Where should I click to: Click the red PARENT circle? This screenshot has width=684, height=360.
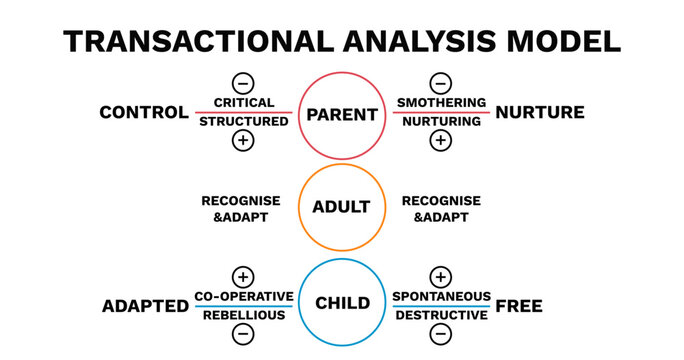tap(342, 114)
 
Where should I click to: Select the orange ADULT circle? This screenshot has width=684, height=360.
tap(342, 208)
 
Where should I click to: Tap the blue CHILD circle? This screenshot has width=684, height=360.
tap(342, 303)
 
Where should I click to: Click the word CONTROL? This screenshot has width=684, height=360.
tap(144, 112)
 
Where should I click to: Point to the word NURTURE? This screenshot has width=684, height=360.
tap(540, 112)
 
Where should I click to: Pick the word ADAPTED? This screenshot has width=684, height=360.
tap(145, 306)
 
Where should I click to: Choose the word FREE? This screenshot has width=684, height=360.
tap(519, 306)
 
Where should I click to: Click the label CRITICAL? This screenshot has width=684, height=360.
tap(244, 103)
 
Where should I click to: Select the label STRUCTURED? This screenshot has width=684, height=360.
tap(244, 122)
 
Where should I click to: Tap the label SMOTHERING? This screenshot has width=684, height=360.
tap(441, 103)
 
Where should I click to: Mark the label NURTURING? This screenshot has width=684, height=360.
tap(441, 122)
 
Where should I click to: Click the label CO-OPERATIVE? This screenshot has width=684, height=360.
tap(244, 296)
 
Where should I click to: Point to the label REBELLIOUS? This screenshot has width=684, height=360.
tap(244, 315)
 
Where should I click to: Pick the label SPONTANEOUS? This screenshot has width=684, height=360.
tap(441, 296)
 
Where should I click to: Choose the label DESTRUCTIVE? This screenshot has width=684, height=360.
tap(441, 315)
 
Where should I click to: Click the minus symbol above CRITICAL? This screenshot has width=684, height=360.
tap(243, 83)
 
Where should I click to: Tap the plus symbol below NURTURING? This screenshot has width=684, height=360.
tap(440, 141)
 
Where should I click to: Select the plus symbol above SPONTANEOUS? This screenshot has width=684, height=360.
tap(440, 277)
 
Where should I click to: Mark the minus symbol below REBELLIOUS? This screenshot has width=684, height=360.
tap(243, 335)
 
